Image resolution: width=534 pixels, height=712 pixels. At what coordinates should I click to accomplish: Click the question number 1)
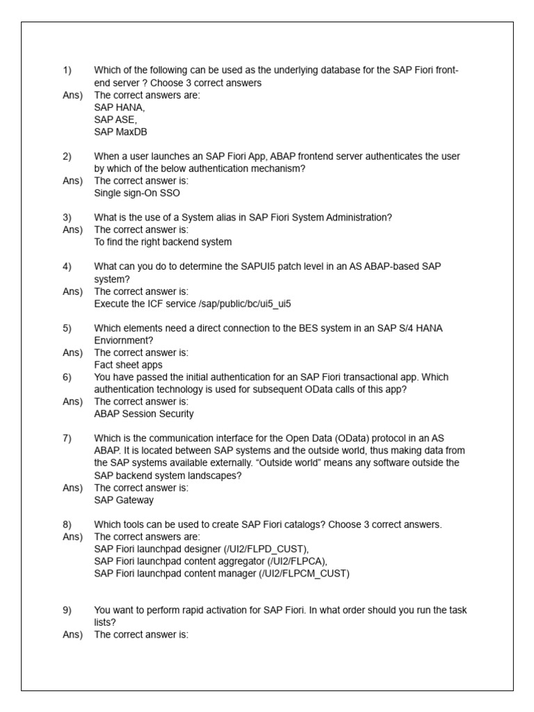point(67,71)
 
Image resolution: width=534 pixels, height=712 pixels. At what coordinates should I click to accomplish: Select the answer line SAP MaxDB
point(120,131)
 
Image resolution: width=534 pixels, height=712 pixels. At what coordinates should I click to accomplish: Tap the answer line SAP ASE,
point(116,120)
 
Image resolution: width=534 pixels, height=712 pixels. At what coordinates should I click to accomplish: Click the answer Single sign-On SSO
point(137,193)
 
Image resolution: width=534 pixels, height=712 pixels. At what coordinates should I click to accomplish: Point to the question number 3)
point(67,218)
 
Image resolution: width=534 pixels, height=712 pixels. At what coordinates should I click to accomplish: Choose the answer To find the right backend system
point(163,242)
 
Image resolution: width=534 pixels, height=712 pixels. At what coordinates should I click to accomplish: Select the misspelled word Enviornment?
point(124,340)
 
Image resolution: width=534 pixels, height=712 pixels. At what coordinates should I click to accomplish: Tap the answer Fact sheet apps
point(128,364)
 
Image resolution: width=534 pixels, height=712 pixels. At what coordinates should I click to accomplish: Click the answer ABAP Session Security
point(144,414)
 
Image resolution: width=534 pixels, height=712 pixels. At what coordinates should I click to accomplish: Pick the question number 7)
point(67,438)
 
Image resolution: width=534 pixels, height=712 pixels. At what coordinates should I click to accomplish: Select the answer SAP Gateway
point(124,499)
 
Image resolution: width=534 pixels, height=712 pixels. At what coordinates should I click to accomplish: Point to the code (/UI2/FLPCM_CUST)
point(305,573)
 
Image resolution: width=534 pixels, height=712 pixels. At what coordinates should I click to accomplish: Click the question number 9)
point(67,610)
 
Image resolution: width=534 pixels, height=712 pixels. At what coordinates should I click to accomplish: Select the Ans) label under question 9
point(72,634)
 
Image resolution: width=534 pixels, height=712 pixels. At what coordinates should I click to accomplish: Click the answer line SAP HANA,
point(120,108)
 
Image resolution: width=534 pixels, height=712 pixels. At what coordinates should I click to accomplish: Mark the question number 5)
point(67,328)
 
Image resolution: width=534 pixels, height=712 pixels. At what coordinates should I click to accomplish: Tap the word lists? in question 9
point(105,622)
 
